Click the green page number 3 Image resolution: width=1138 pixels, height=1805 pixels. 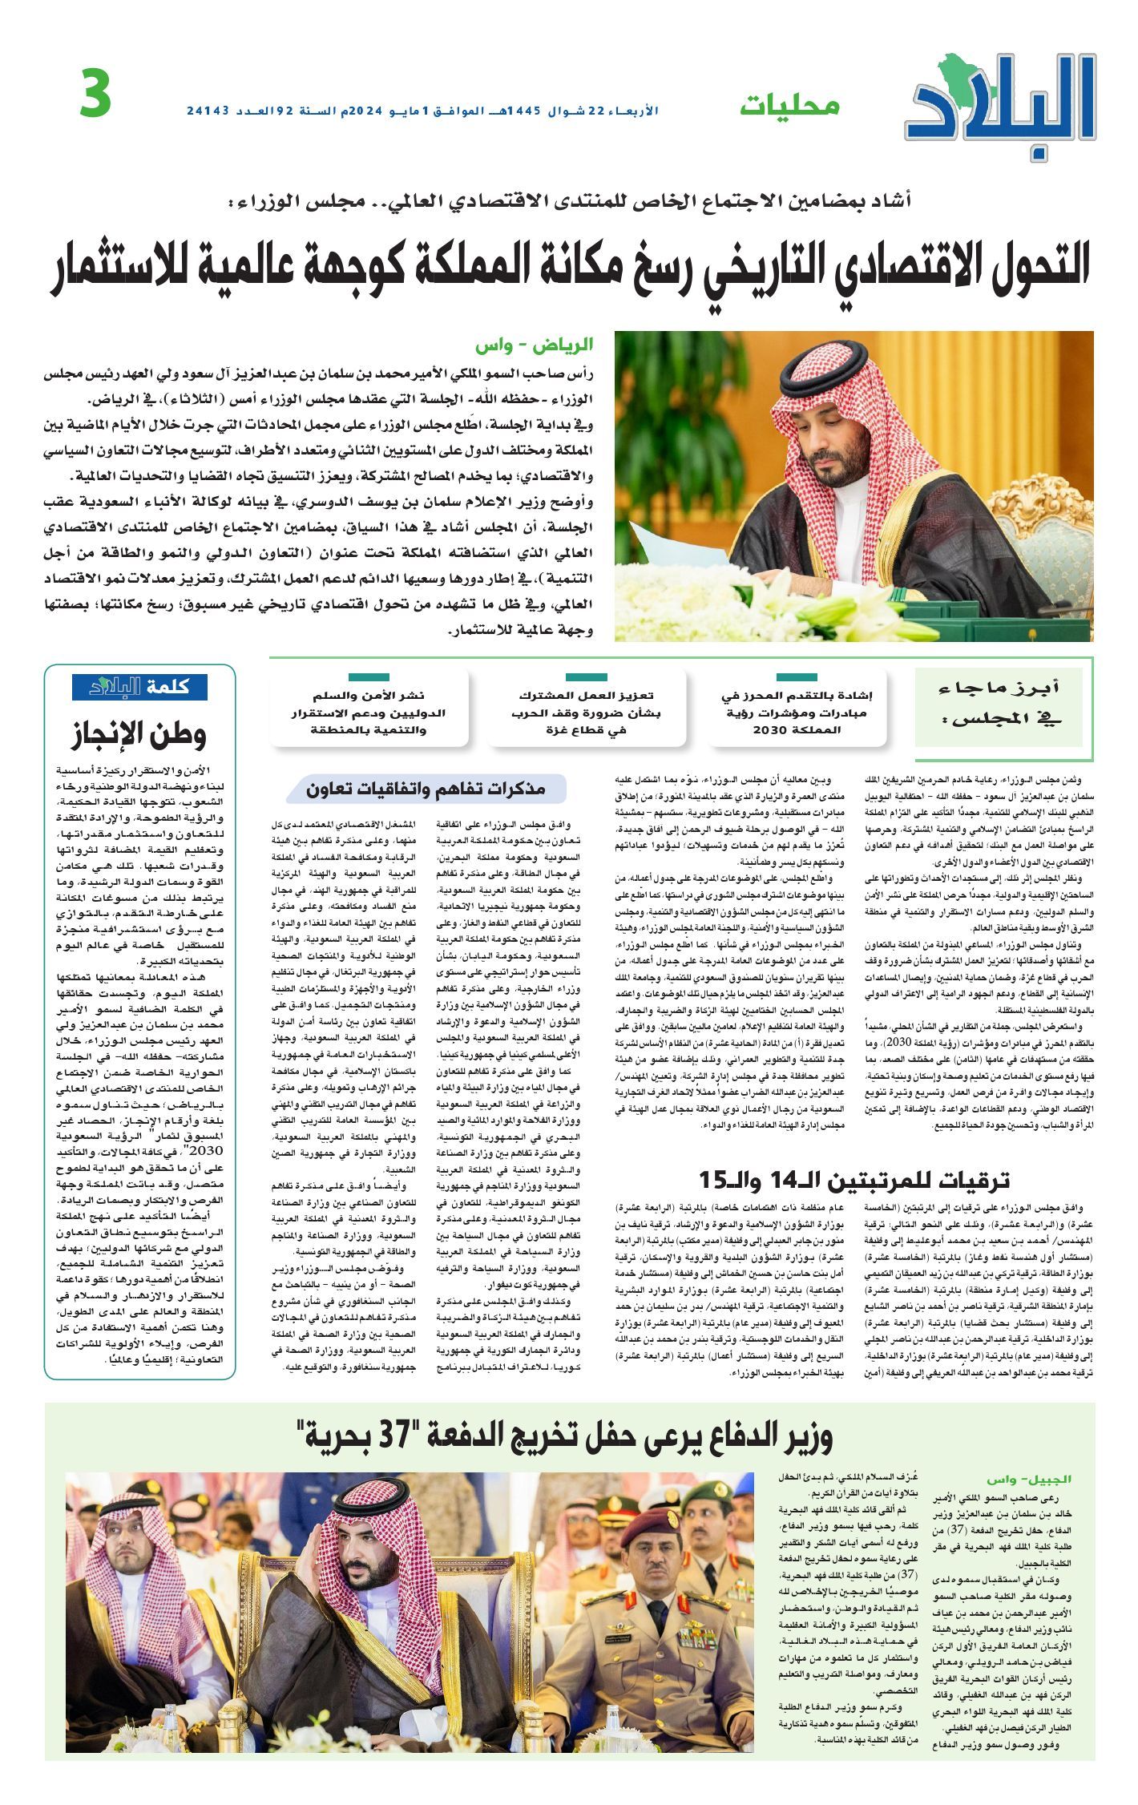(x=95, y=95)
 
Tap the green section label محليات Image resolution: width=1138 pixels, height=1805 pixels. (x=789, y=105)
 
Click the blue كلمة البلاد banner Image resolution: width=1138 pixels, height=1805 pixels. (x=139, y=688)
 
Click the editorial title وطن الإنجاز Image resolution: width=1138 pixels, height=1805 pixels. (x=139, y=733)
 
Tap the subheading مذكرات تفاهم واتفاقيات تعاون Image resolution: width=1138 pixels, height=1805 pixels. (x=426, y=789)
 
